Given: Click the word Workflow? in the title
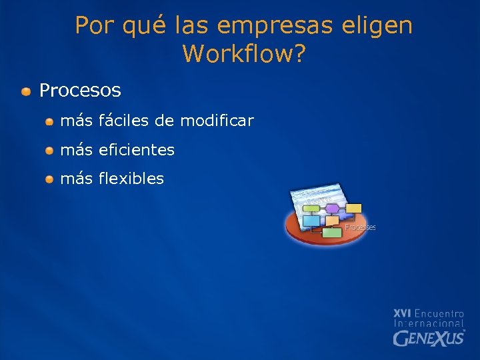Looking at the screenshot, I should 243,53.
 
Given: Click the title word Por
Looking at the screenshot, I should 93,25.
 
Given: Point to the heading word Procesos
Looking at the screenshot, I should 80,90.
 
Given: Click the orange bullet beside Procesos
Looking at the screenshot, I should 25,91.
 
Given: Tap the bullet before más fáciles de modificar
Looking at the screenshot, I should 50,121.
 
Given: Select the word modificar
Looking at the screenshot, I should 217,121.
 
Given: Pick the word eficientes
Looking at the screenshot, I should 136,150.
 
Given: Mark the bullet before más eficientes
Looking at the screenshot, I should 50,151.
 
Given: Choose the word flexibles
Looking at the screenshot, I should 131,179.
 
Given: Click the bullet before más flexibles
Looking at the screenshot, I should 50,179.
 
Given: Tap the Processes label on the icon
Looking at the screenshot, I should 360,227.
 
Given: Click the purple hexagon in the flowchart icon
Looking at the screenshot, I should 332,209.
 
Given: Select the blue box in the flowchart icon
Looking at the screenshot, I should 311,221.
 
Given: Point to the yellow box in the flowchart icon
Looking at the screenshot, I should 353,208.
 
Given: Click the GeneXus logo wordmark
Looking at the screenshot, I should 429,339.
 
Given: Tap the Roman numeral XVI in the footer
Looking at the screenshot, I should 402,313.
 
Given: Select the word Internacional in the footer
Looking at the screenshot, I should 429,323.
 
